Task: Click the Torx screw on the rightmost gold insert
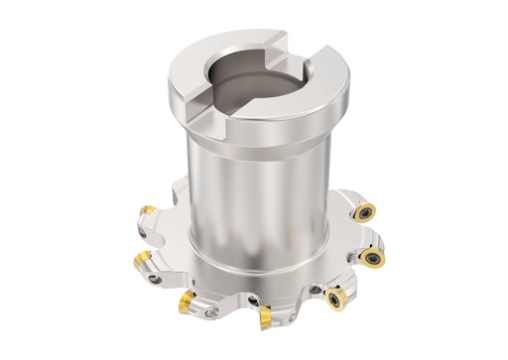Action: point(374,259)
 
